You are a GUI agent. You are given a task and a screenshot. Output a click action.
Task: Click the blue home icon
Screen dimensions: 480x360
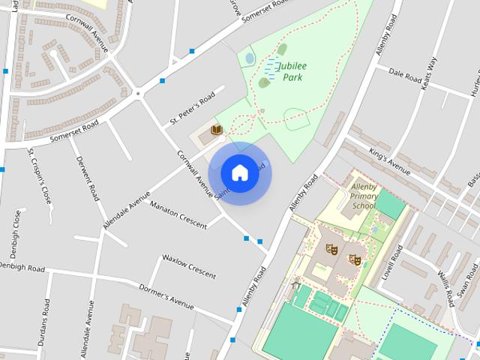pyautogui.click(x=240, y=173)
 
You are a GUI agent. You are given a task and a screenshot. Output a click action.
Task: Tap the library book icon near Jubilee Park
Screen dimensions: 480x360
pyautogui.click(x=217, y=130)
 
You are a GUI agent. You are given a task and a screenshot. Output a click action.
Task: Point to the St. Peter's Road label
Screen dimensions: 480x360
pyautogui.click(x=193, y=109)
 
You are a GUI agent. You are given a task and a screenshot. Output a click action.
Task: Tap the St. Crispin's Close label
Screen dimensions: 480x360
pyautogui.click(x=40, y=176)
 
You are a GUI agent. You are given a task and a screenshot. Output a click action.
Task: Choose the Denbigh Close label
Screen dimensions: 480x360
pyautogui.click(x=16, y=232)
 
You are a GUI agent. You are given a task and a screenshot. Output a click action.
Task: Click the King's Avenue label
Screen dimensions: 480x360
pyautogui.click(x=390, y=158)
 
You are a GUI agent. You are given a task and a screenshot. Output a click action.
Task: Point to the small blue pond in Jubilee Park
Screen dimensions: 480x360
pyautogui.click(x=250, y=58)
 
